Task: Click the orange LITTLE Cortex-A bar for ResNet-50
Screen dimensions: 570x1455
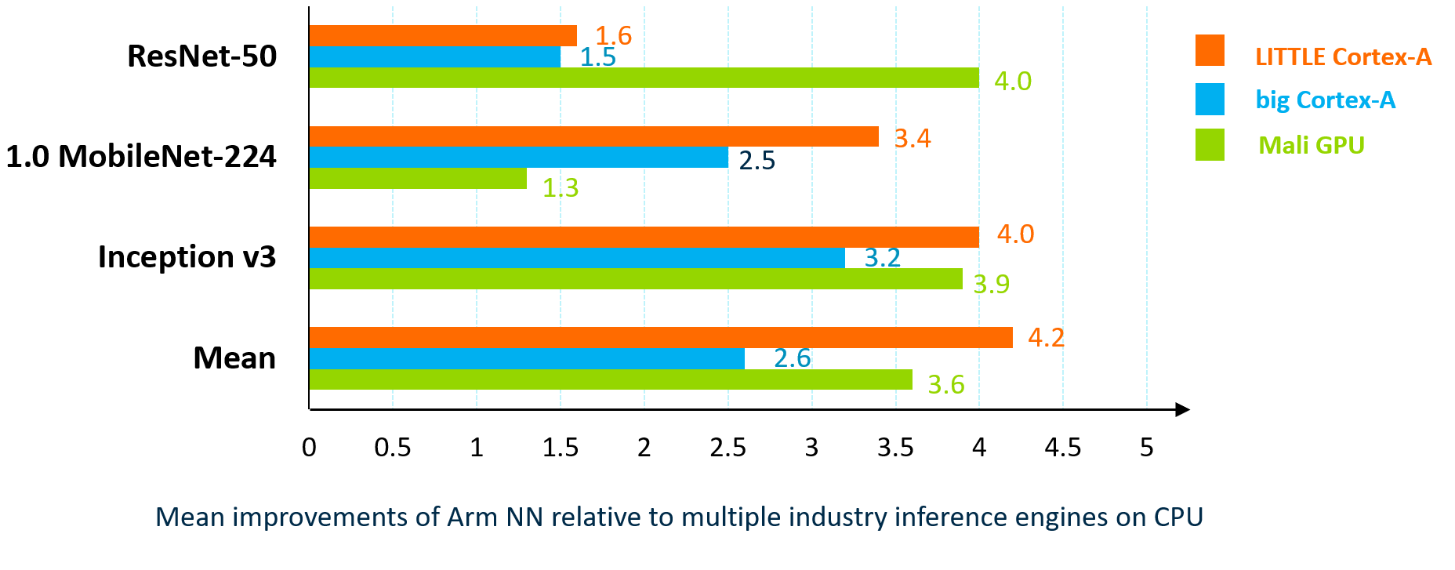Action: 443,36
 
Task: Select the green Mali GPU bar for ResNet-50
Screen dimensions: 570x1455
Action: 644,78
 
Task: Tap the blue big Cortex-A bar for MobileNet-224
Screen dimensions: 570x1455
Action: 518,158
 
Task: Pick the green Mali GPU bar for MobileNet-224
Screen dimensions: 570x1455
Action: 418,179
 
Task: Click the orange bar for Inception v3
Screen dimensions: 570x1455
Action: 644,237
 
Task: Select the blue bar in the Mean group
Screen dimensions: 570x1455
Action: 527,358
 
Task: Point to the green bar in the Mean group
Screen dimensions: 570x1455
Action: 611,379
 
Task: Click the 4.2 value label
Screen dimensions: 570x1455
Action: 1046,338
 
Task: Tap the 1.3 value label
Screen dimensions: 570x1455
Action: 561,188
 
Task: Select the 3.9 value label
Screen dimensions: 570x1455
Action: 991,284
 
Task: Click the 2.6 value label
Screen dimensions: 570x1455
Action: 792,358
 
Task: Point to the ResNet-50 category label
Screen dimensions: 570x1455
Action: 202,56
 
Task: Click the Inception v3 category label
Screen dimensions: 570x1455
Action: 187,257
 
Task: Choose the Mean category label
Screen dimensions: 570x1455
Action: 234,358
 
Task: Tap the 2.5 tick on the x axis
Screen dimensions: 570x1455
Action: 727,448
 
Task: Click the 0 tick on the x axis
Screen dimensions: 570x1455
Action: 309,448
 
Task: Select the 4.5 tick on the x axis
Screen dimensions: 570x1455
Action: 1062,448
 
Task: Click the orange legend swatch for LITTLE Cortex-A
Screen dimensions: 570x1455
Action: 1210,50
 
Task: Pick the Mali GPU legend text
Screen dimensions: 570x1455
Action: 1311,146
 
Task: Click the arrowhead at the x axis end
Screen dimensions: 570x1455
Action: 1183,409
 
